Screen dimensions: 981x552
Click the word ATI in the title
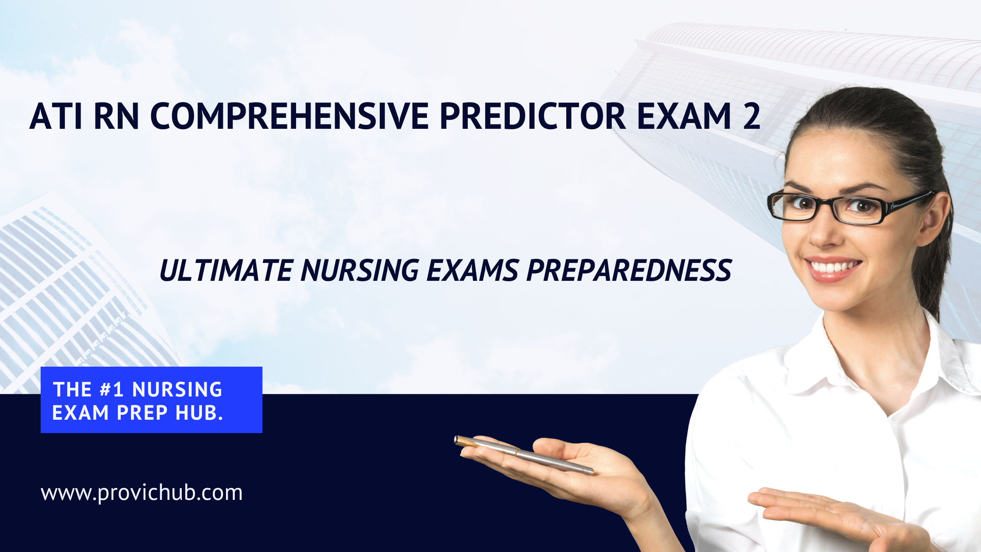click(x=56, y=116)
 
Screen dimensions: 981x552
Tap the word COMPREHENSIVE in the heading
click(x=289, y=116)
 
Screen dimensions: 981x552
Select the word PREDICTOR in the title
click(x=533, y=116)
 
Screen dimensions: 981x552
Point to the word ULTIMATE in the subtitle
click(x=226, y=270)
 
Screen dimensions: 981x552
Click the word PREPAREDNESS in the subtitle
click(x=629, y=270)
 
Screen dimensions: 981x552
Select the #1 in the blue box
click(x=112, y=389)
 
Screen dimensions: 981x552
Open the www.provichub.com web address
click(x=141, y=493)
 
